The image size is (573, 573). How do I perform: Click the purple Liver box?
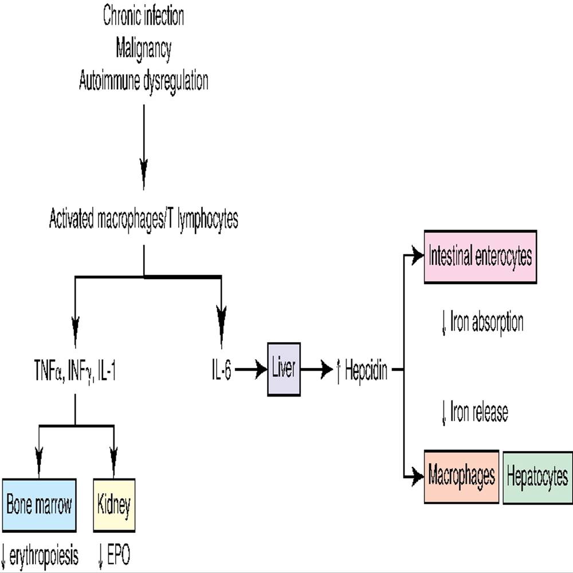(284, 370)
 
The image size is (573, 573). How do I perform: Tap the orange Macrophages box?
(461, 477)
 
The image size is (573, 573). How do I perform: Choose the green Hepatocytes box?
(537, 477)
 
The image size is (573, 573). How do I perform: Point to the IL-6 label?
(221, 370)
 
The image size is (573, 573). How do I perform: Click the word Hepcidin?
(366, 371)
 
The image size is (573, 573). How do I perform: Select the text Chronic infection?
(143, 17)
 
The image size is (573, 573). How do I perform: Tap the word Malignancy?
(143, 49)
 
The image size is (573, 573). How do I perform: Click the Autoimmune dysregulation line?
(143, 81)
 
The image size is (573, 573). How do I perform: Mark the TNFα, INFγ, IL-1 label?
(74, 370)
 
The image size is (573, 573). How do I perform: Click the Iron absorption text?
(486, 323)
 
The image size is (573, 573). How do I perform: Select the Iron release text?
(479, 413)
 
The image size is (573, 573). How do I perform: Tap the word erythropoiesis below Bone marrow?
(44, 556)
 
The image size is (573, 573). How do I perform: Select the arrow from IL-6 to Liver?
(249, 370)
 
